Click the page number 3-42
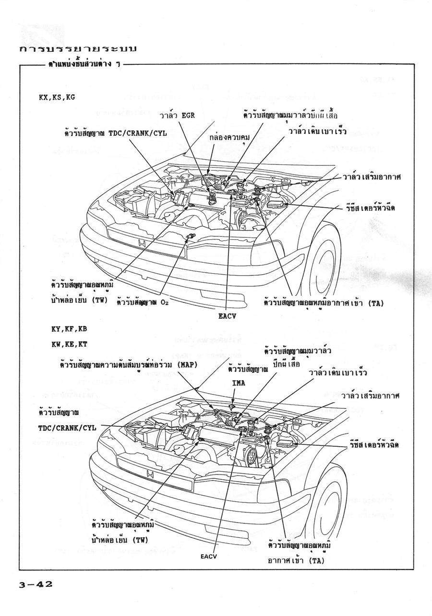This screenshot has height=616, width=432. point(36,584)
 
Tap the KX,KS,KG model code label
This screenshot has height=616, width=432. point(57,96)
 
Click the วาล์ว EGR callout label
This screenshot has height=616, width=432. point(178,116)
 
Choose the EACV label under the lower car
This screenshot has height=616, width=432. point(210,557)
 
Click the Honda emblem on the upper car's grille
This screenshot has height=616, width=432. point(142,244)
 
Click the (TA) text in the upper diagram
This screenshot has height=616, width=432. point(377,303)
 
